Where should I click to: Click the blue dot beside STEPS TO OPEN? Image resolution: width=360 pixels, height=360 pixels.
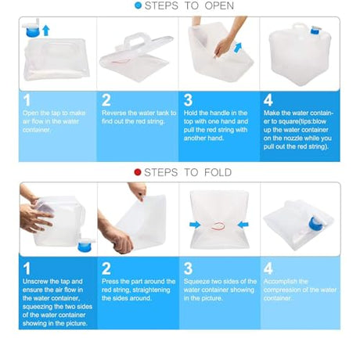138,5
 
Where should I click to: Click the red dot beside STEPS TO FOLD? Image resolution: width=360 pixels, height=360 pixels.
138,172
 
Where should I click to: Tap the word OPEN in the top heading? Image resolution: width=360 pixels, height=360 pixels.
219,5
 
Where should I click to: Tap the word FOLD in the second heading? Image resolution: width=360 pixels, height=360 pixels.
218,172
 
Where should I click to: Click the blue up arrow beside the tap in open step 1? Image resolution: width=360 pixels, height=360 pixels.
46,31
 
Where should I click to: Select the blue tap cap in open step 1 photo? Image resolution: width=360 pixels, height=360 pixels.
33,32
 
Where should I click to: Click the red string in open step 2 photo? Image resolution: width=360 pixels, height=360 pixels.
121,61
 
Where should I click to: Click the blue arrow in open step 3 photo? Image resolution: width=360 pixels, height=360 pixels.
238,48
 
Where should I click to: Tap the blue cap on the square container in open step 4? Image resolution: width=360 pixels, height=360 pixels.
315,31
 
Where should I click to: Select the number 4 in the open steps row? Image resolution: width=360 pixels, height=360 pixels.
268,100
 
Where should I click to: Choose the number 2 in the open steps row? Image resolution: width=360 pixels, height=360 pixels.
106,100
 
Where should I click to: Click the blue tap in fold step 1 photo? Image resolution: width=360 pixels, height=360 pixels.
85,246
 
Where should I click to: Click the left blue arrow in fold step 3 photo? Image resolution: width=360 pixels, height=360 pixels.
195,225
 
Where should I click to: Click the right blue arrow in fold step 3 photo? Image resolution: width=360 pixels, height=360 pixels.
243,225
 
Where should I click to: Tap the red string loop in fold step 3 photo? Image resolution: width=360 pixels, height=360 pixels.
218,225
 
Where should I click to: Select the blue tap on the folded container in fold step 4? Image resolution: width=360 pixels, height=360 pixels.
315,224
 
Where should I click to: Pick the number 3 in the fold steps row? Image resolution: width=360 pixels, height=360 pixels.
188,268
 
